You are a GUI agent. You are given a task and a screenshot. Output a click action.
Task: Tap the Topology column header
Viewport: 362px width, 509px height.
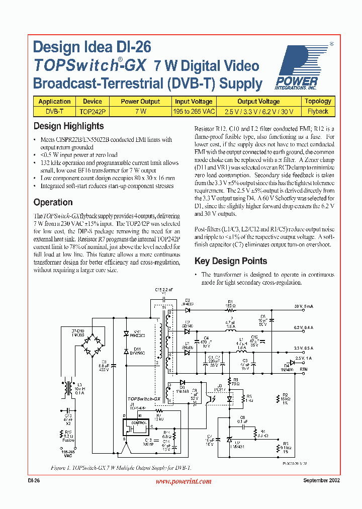pos(318,101)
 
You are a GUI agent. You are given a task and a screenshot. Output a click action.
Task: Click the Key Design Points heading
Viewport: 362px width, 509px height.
pos(231,261)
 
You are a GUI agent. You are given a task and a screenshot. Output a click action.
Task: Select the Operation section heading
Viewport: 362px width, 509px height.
pos(53,202)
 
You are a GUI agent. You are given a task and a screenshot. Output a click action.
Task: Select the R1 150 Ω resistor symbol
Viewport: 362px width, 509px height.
pos(230,311)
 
